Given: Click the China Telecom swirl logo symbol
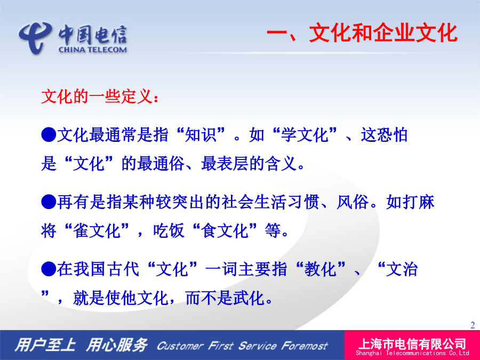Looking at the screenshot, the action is [x=35, y=37].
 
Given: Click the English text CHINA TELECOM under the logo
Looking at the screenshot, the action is [x=92, y=50].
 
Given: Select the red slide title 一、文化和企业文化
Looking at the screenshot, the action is [x=362, y=33].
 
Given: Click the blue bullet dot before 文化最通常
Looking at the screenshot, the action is [x=49, y=134].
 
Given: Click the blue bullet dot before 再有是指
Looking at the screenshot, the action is [x=49, y=202].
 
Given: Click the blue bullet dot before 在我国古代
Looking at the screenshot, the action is [x=49, y=269].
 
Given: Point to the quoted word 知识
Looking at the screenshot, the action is [x=201, y=135].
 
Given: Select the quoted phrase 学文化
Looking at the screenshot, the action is [x=305, y=135].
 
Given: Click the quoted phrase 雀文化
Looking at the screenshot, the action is [x=97, y=230].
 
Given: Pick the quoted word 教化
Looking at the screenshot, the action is [x=320, y=269].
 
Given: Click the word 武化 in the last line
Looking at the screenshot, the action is [x=249, y=298].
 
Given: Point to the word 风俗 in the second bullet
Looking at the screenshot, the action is [x=352, y=202].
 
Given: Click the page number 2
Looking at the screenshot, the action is [x=473, y=325].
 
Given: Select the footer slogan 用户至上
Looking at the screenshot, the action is [x=45, y=345].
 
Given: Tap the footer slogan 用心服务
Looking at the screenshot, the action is [x=117, y=345].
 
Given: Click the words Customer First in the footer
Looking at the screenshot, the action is [x=195, y=346].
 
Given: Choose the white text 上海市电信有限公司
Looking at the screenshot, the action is [x=412, y=344].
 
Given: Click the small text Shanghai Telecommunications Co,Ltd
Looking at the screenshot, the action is [x=412, y=353].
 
